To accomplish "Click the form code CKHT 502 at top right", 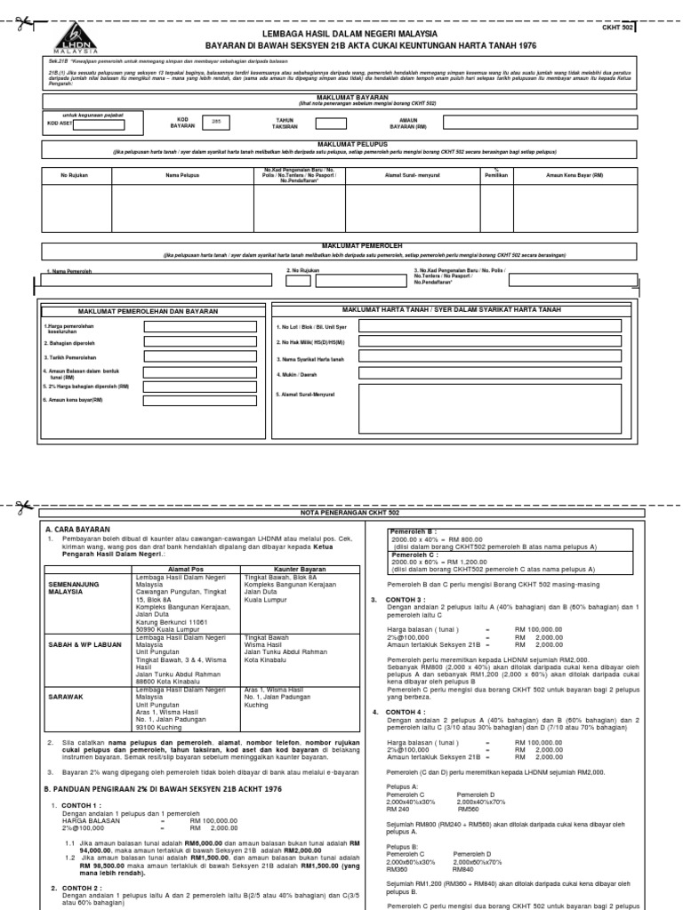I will pos(620,28).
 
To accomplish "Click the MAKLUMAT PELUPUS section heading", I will pos(341,143).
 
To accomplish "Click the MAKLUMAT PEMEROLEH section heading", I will pos(341,244).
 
